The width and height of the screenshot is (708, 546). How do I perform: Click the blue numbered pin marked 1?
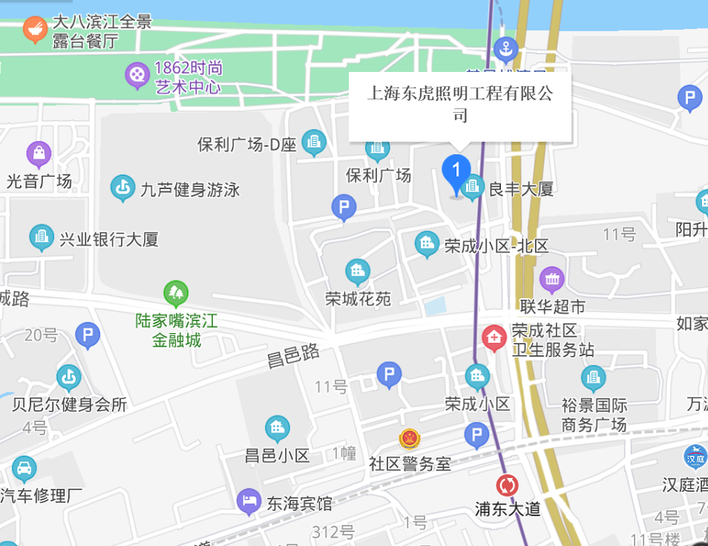tap(456, 171)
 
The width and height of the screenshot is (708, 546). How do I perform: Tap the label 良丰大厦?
tap(520, 189)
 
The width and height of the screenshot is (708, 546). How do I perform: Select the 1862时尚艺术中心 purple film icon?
tap(137, 74)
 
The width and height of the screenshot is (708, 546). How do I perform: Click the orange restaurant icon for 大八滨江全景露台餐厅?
tap(35, 30)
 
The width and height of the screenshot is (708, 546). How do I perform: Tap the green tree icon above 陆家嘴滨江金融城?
tap(176, 295)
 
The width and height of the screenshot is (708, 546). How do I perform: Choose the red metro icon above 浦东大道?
tap(508, 486)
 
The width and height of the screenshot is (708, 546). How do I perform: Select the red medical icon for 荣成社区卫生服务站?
tap(494, 338)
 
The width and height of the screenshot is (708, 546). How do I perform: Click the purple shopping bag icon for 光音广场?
tap(39, 154)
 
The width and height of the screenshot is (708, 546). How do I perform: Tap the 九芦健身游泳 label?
tap(190, 190)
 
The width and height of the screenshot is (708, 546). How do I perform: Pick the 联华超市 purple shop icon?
tap(552, 280)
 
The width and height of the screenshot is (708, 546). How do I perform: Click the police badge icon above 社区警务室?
tap(409, 439)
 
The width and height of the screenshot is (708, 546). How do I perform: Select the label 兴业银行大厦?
tap(109, 240)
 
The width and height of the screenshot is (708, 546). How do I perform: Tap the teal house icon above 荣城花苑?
tap(358, 272)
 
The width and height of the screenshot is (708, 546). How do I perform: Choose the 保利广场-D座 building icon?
tap(314, 142)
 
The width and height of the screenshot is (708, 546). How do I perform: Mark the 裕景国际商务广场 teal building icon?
tap(593, 378)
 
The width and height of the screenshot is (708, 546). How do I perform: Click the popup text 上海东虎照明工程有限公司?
tap(460, 105)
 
